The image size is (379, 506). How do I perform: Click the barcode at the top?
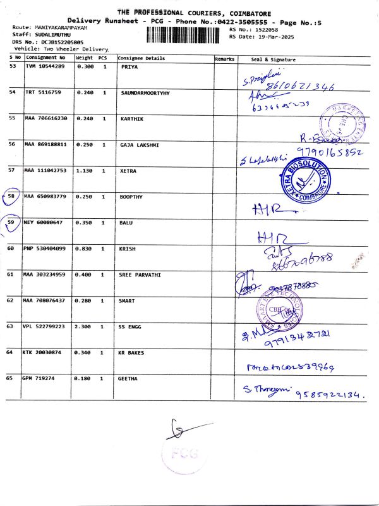coord(187,34)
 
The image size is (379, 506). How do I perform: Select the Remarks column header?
coord(224,59)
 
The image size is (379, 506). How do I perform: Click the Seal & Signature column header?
coord(273,59)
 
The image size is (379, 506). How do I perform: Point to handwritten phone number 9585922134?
coord(328,393)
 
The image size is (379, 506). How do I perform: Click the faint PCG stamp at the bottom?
coord(183,454)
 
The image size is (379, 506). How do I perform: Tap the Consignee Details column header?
coord(142,59)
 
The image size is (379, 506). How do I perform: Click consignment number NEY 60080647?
coord(44,223)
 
